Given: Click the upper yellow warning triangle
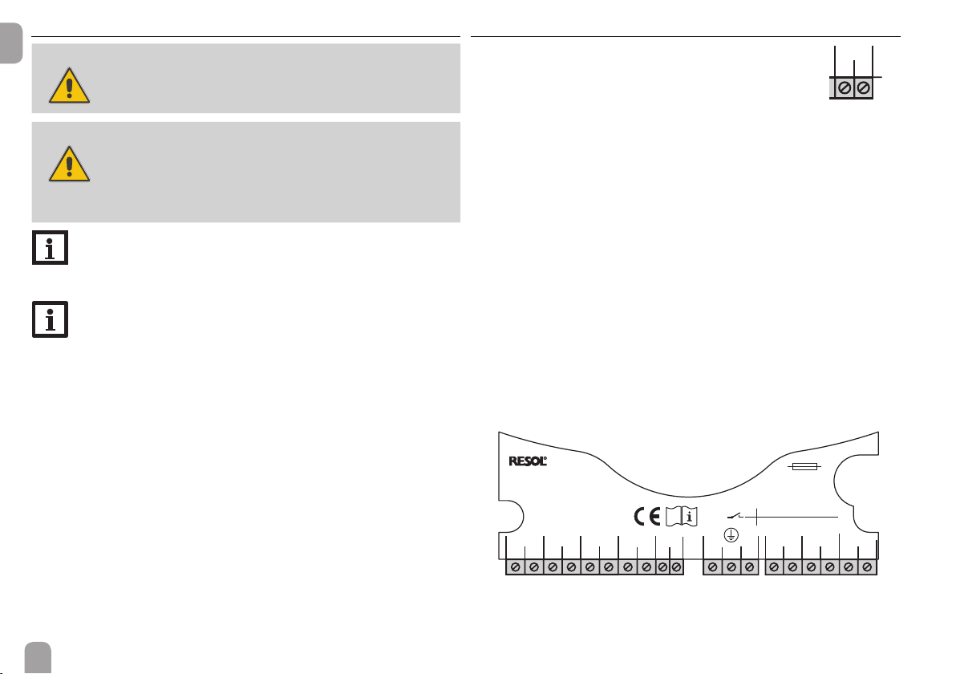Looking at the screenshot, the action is (x=70, y=85).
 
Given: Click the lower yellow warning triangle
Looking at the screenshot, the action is (x=70, y=164).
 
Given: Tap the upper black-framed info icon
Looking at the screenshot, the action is (x=50, y=248).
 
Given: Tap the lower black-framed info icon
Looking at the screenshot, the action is (x=50, y=319).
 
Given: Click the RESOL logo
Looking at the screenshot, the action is (x=528, y=461).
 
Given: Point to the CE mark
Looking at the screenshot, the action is (x=647, y=518).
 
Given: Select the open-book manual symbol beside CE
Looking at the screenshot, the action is (x=682, y=517).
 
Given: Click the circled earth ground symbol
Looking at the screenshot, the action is (x=731, y=535).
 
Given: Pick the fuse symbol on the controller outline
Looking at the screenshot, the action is (x=804, y=467).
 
